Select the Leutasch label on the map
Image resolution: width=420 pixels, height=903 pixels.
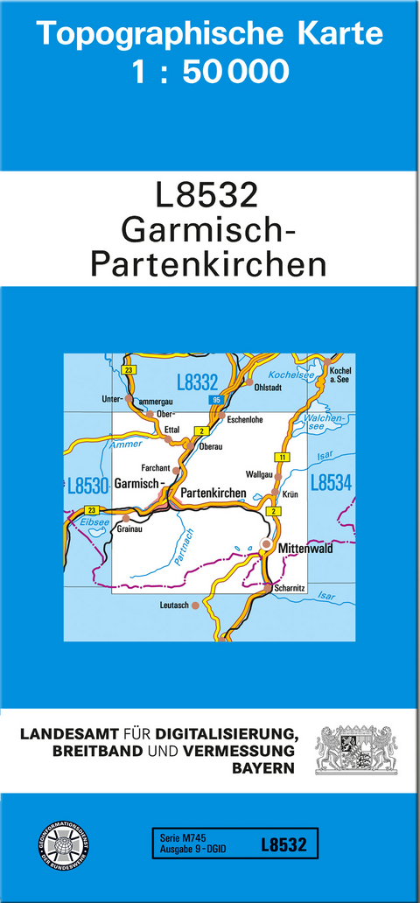point(174,605)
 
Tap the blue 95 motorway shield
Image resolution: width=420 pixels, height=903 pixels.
point(215,400)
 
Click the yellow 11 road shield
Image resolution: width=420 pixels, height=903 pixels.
point(281,458)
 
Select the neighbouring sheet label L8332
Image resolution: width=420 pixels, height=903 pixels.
point(197,381)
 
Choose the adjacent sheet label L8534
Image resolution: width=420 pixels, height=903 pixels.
point(331,482)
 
